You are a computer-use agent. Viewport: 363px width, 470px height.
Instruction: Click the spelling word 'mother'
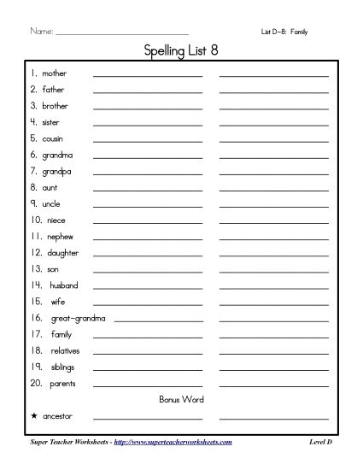pyautogui.click(x=54, y=73)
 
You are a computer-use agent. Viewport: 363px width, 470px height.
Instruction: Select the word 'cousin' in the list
pyautogui.click(x=52, y=138)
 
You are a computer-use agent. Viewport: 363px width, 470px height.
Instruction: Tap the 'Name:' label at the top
pyautogui.click(x=41, y=32)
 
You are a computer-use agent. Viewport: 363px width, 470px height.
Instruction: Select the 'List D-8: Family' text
pyautogui.click(x=284, y=32)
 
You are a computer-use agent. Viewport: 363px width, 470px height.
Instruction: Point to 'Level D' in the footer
pyautogui.click(x=320, y=441)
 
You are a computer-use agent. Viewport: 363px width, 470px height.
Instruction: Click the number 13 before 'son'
pyautogui.click(x=36, y=268)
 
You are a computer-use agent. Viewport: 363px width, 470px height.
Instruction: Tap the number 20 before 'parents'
pyautogui.click(x=37, y=383)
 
